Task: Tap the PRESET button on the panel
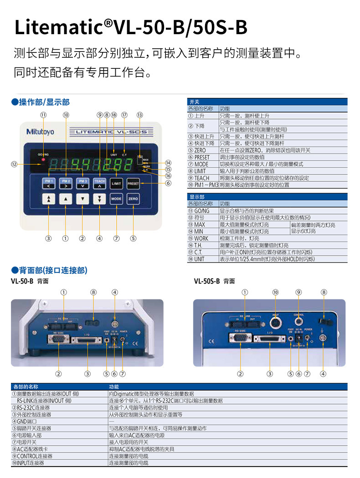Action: pyautogui.click(x=133, y=183)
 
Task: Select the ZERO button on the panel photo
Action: pyautogui.click(x=133, y=199)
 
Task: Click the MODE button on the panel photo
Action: pyautogui.click(x=116, y=199)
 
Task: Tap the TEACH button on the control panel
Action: pyautogui.click(x=99, y=183)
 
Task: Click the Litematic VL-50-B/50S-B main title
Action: pyautogui.click(x=131, y=27)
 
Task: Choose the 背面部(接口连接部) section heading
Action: pyautogui.click(x=49, y=270)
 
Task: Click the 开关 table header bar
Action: pyautogui.click(x=267, y=102)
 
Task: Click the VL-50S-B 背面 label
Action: pyautogui.click(x=214, y=281)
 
